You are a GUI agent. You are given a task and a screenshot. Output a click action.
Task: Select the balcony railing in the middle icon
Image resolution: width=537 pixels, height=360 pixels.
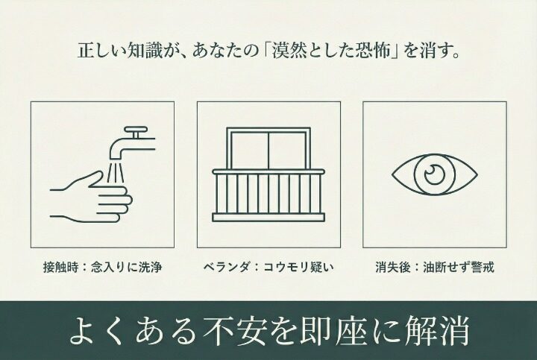(268, 195)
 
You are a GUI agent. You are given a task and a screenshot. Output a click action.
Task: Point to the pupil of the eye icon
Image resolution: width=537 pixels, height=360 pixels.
(433, 174)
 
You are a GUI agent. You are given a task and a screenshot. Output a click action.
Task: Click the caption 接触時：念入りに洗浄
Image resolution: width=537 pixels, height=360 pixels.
(102, 267)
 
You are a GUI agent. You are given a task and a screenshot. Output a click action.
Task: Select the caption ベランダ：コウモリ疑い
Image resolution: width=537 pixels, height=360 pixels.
(268, 267)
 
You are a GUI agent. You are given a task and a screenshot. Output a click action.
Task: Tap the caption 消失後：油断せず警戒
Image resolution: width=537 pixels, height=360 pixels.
(434, 267)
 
